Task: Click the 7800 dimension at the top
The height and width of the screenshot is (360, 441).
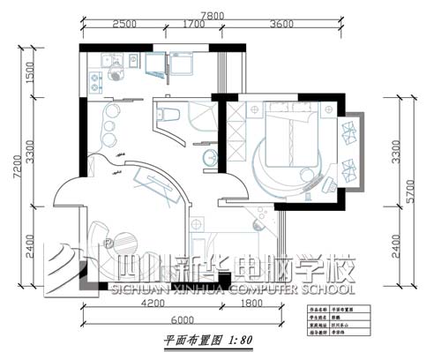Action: click(x=211, y=15)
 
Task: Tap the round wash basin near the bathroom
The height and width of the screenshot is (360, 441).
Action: click(x=209, y=158)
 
